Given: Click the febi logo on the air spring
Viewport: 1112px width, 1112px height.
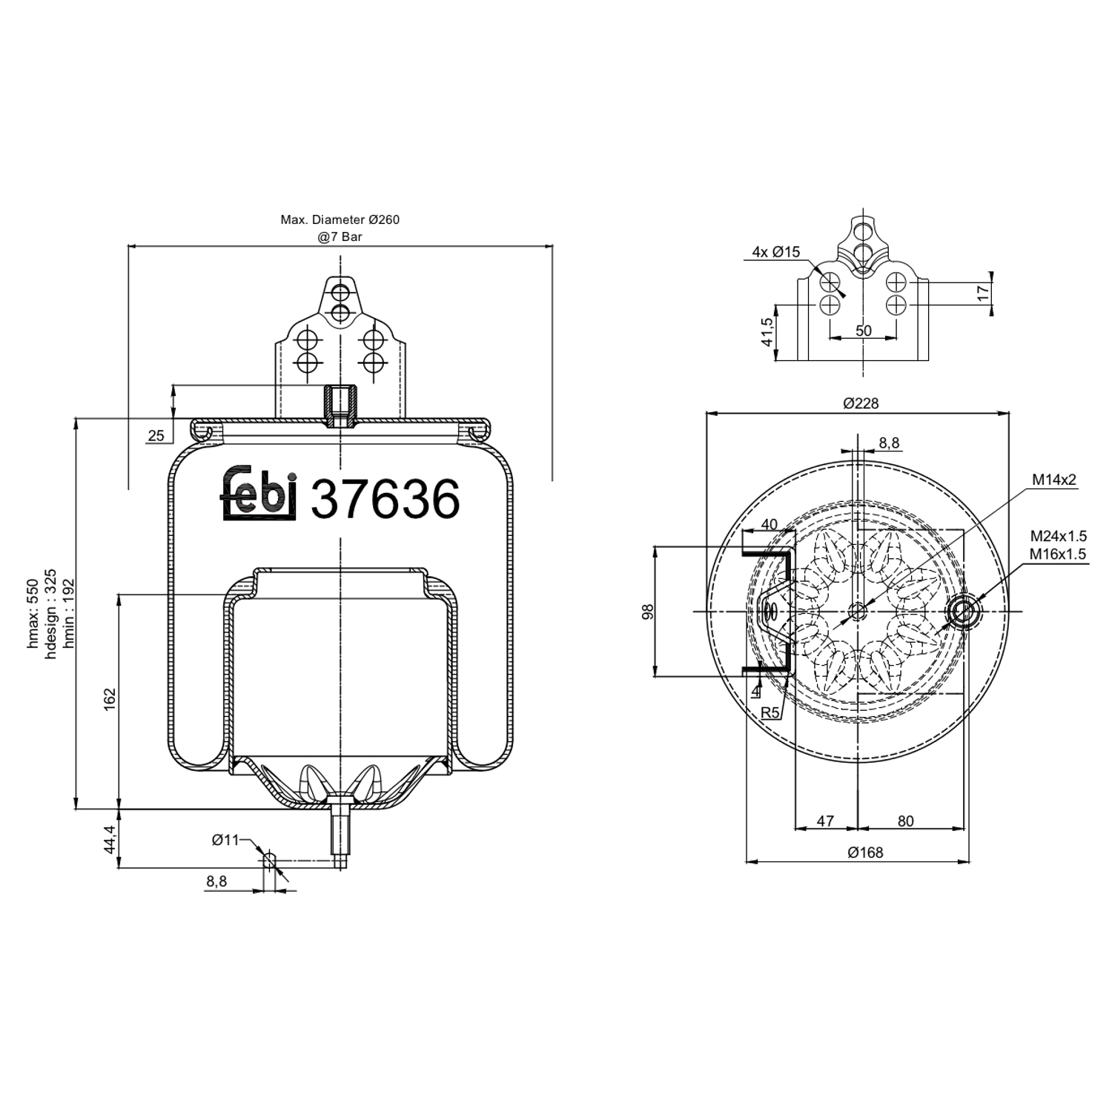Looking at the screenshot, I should (x=259, y=493).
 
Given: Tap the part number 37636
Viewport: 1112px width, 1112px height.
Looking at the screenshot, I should (x=385, y=499).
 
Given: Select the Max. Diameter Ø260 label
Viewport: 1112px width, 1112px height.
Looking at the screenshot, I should (x=340, y=219).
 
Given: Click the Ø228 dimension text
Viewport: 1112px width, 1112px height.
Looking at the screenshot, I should (x=861, y=403).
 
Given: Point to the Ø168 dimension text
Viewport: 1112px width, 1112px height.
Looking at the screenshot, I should (x=865, y=853).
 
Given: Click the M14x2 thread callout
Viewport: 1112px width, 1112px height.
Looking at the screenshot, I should (x=1054, y=480).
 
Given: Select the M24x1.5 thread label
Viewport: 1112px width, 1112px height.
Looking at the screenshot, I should (x=1058, y=536).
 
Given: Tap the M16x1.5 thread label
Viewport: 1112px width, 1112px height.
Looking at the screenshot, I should (x=1058, y=554).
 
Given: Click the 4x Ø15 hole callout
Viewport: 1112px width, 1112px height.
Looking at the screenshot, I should (x=775, y=252).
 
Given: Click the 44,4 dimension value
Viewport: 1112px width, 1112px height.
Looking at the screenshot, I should (x=109, y=839).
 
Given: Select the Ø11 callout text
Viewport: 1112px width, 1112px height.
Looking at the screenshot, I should (x=225, y=840).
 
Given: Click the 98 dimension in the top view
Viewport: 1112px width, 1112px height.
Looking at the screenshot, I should (x=648, y=612).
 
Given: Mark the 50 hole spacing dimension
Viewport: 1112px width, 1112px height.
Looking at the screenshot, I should (x=864, y=331).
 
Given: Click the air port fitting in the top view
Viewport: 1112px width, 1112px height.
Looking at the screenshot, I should (x=964, y=612).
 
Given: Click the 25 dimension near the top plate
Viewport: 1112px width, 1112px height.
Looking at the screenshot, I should (x=156, y=436).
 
